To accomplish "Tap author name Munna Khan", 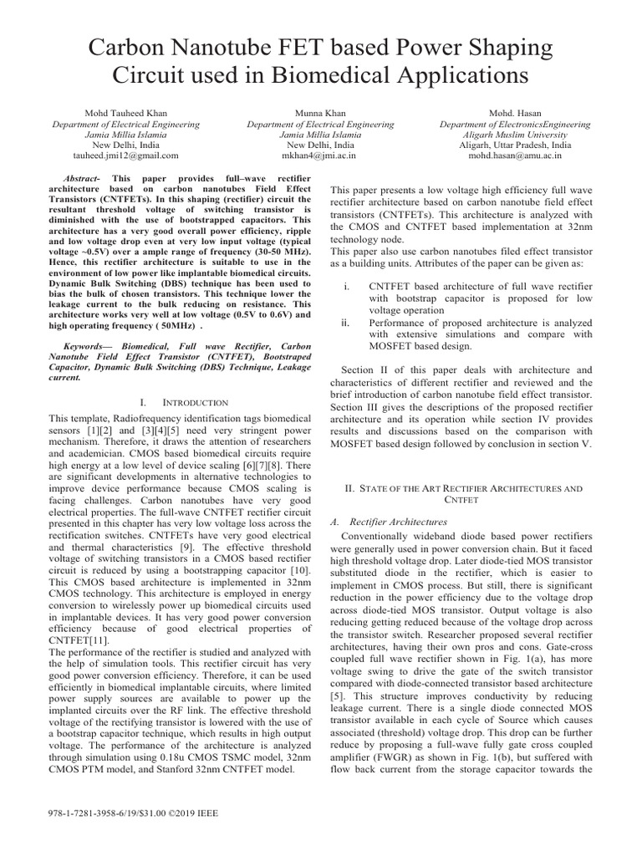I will pos(321,113).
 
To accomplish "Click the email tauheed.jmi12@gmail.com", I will pos(126,155).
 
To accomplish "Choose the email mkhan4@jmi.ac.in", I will pos(321,155).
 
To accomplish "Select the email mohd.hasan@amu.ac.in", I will pos(515,155).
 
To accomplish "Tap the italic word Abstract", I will pos(82,179).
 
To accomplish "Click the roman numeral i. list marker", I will pos(347,286).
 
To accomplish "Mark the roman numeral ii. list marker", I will pos(348,320).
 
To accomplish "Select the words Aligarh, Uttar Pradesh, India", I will pos(515,145).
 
